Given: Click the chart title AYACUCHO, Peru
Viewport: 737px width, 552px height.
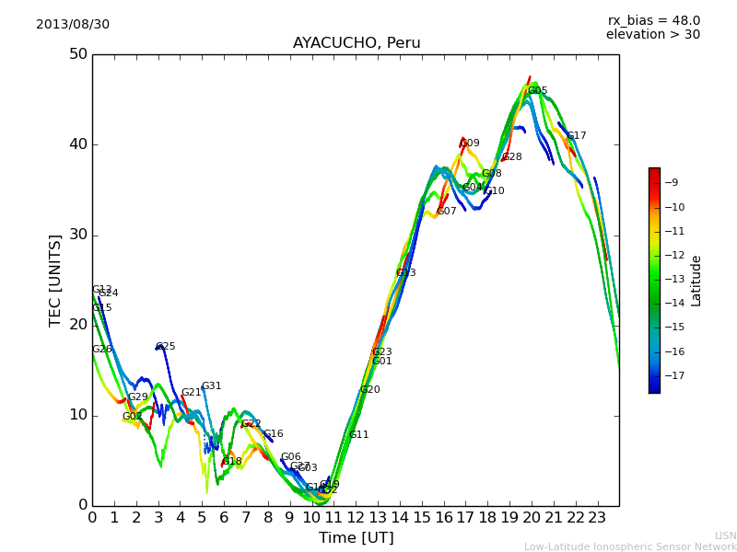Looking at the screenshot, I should pos(357,43).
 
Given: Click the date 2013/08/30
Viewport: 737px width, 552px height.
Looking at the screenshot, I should pos(73,24).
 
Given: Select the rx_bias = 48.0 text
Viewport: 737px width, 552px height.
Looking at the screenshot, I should pos(653,20).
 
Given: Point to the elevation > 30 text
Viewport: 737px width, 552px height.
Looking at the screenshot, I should pos(653,35).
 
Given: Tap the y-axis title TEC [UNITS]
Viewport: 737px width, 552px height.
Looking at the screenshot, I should pos(55,280).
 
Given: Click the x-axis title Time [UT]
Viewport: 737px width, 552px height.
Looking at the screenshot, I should pos(356,537).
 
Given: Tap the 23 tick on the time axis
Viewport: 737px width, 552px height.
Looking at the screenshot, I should pos(597,517).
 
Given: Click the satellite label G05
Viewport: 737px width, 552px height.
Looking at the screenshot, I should pos(538,91).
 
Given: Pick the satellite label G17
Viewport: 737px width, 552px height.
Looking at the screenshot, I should pos(577,136).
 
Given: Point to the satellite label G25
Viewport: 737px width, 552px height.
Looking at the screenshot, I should pos(166,347).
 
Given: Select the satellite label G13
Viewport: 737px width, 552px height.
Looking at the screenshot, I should pos(406,273).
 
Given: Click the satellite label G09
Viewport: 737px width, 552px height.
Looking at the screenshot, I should pos(470,144).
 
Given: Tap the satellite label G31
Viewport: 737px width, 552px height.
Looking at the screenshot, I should pos(212,386).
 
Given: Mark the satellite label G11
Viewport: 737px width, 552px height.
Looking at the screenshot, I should pos(359,435).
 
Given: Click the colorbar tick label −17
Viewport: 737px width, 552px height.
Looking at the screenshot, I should pos(677,375).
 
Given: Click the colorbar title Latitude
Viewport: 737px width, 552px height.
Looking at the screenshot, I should pos(696,281).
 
